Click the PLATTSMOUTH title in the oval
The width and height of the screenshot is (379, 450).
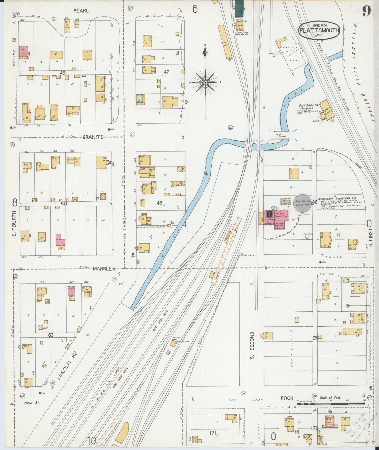[319, 30]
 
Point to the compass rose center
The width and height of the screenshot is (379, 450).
[205, 82]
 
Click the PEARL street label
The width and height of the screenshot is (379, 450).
[81, 11]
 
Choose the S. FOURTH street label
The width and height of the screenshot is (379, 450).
[14, 223]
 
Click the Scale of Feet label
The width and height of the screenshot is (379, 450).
[330, 397]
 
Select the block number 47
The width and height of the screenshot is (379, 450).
[166, 72]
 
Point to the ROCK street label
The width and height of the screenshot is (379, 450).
[287, 398]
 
